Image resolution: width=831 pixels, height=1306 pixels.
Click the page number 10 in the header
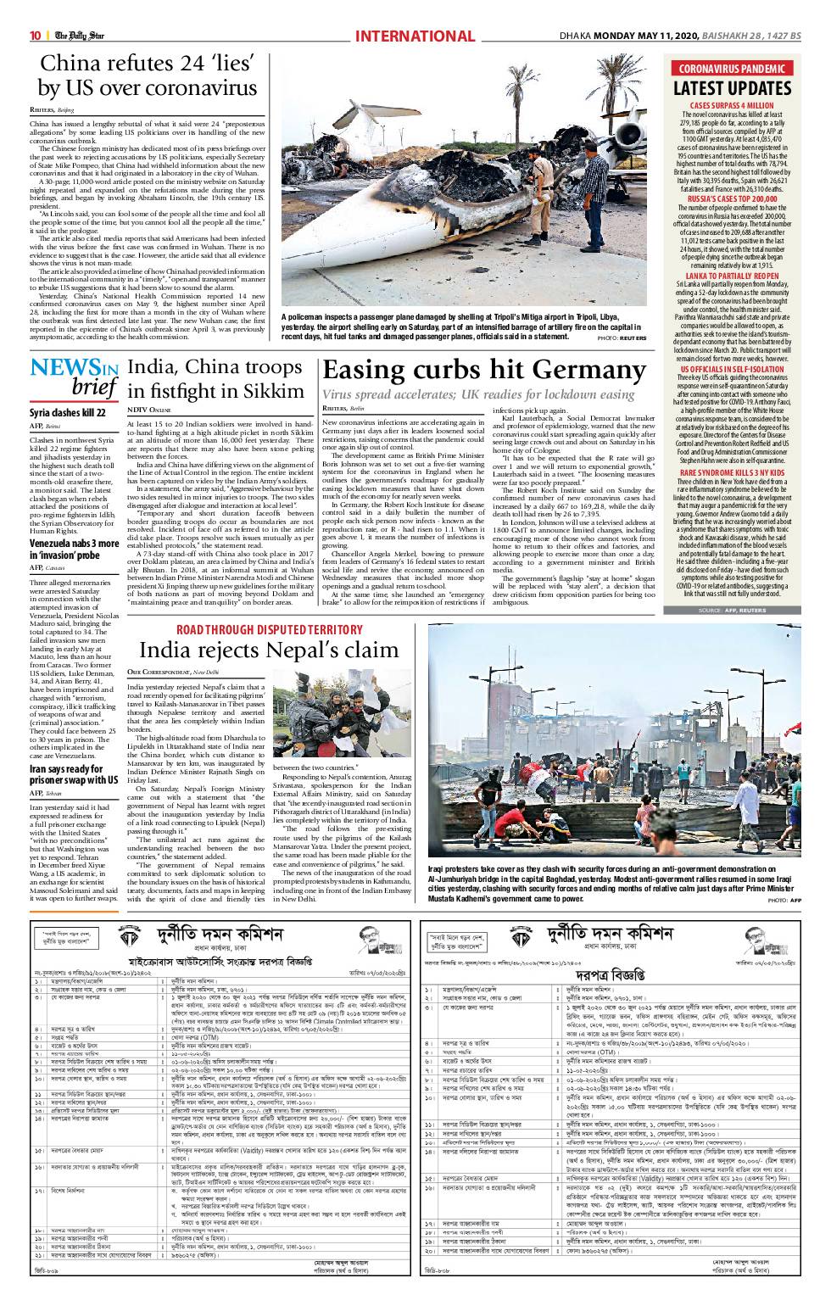(36, 36)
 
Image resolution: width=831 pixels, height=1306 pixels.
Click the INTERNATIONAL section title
(415, 36)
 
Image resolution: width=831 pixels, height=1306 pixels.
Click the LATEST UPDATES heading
(732, 88)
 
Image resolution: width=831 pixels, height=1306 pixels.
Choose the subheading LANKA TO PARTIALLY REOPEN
(732, 276)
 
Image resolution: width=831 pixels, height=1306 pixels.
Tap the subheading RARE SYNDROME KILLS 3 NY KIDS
(732, 471)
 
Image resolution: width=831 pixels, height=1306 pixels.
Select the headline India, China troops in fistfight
(214, 379)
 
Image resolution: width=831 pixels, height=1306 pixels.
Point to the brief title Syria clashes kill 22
(68, 412)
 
